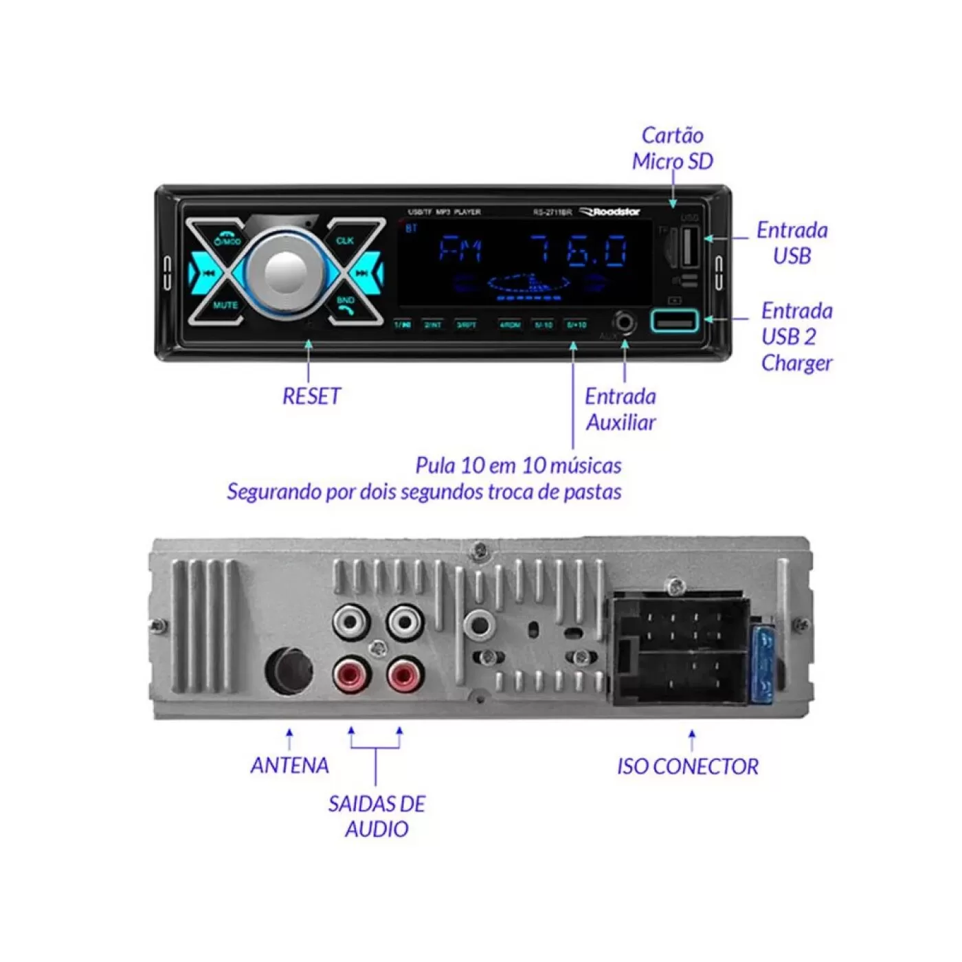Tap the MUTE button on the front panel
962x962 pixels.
coord(225,305)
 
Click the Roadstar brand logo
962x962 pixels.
coord(611,212)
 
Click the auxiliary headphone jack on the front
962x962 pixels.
coord(624,322)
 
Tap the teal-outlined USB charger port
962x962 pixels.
coord(674,321)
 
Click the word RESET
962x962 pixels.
coord(311,396)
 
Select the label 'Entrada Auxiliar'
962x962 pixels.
coord(620,409)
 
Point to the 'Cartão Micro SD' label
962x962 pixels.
coord(673,148)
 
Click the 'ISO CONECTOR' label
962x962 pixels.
coord(687,766)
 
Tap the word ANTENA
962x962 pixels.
coord(289,765)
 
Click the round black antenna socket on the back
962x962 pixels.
coord(289,669)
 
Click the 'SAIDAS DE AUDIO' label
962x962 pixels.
coord(377,816)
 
